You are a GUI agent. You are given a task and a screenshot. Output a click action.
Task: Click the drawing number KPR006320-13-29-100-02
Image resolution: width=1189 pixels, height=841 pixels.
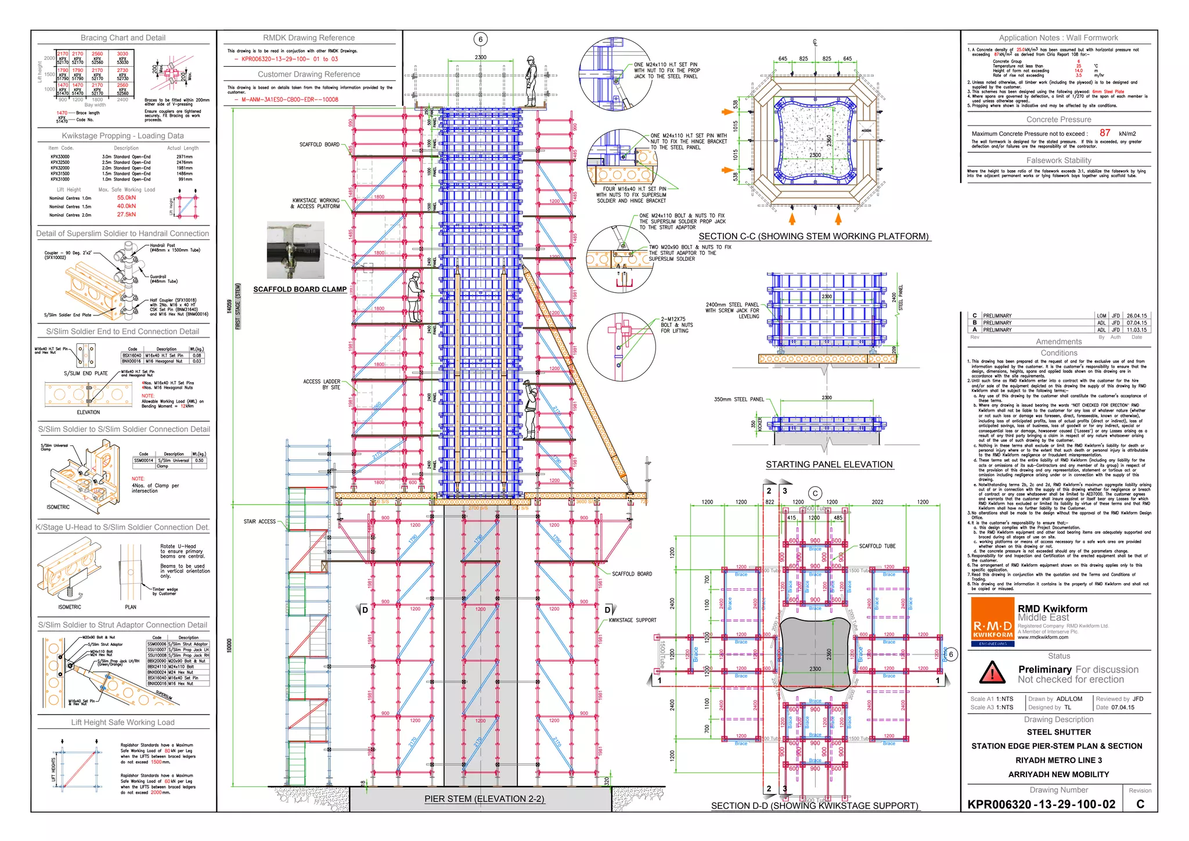(1041, 804)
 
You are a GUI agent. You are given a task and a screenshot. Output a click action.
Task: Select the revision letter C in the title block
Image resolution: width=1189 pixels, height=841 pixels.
(1140, 804)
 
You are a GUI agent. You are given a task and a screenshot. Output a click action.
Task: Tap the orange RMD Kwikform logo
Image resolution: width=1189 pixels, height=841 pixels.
(992, 622)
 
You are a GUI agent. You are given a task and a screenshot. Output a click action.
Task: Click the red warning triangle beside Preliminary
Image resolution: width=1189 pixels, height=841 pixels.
(992, 673)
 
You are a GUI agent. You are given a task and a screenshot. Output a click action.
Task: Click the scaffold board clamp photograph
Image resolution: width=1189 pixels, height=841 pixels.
(296, 250)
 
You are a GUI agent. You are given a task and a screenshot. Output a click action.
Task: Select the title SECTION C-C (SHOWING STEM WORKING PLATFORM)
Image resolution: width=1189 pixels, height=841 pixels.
(813, 236)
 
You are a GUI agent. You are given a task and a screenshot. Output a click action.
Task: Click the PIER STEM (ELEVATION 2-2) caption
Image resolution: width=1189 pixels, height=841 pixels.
(484, 799)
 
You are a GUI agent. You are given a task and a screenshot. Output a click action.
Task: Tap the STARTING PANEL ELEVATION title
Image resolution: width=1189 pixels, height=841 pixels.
(828, 465)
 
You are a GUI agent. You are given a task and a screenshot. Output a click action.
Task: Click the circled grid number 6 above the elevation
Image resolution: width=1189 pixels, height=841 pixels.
(480, 39)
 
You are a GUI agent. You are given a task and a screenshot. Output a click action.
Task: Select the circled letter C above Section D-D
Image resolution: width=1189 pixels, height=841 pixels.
(815, 494)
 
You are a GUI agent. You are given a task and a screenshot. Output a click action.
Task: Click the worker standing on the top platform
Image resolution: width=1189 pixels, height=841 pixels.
(530, 81)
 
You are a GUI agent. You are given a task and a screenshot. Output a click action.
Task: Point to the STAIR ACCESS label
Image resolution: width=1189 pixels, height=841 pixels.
(260, 522)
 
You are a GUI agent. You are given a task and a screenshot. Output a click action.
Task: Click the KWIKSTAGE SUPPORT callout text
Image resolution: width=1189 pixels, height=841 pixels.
(632, 620)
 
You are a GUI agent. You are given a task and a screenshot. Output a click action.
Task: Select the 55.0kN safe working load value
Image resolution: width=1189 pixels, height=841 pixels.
(126, 198)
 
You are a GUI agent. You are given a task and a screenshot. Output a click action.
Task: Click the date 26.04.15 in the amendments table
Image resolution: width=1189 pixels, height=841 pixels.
(1136, 316)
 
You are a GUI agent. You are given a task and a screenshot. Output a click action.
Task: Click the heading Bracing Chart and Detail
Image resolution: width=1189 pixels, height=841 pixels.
(123, 38)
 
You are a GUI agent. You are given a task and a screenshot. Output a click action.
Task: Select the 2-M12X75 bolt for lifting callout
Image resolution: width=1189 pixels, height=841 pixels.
(675, 325)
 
